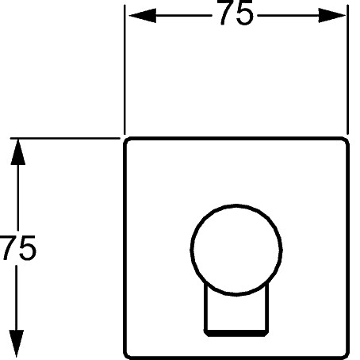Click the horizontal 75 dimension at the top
pyautogui.click(x=236, y=13)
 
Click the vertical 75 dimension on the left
pyautogui.click(x=17, y=247)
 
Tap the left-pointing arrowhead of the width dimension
pyautogui.click(x=142, y=16)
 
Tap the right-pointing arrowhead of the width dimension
pyautogui.click(x=331, y=16)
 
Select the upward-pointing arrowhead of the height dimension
pyautogui.click(x=17, y=152)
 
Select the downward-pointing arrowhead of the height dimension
pyautogui.click(x=17, y=343)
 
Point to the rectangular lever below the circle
pyautogui.click(x=236, y=312)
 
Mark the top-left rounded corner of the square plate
pyautogui.click(x=128, y=141)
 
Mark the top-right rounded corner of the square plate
pyautogui.click(x=345, y=141)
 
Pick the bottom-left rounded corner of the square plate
pyautogui.click(x=128, y=354)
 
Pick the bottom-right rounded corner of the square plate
pyautogui.click(x=345, y=354)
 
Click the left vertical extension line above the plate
pyautogui.click(x=124, y=70)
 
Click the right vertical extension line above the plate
pyautogui.click(x=347, y=70)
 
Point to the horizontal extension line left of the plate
pyautogui.click(x=65, y=138)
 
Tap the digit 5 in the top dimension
pyautogui.click(x=245, y=13)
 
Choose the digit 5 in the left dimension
pyautogui.click(x=27, y=248)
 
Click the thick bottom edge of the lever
pyautogui.click(x=236, y=333)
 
